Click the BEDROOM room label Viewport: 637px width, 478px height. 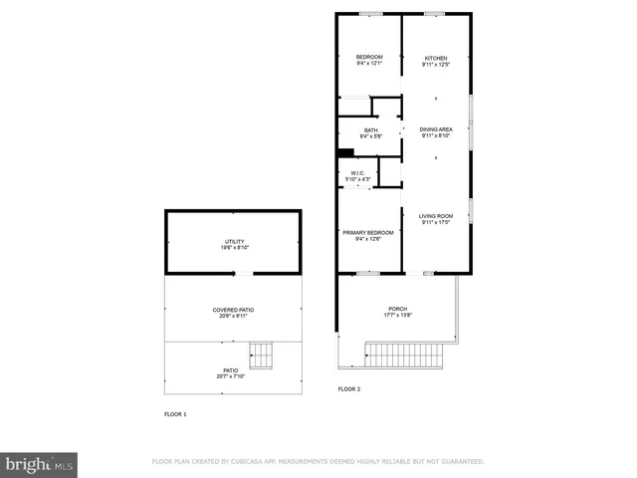tap(369, 58)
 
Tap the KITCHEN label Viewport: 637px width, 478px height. tap(436, 58)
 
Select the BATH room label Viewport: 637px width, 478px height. tap(370, 130)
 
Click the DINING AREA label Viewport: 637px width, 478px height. tap(436, 129)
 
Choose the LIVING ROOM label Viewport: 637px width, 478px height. tap(436, 216)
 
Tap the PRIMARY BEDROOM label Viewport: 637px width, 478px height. tap(368, 233)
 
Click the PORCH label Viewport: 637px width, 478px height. tap(397, 310)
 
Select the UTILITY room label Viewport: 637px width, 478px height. tap(233, 242)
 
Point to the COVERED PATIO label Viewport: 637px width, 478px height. tap(233, 310)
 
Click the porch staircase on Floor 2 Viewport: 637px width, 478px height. tap(403, 353)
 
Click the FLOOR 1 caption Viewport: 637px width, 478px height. tap(175, 413)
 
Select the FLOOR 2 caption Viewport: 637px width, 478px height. tap(349, 389)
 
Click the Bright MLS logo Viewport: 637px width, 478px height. tap(40, 464)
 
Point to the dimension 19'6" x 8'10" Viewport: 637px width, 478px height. tap(233, 248)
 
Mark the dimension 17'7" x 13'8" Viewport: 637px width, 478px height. tap(397, 316)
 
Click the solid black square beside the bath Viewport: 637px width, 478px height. tap(345, 152)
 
